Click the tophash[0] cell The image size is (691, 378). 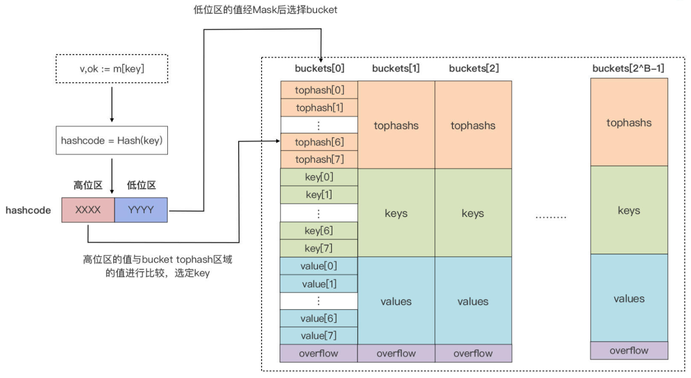point(319,90)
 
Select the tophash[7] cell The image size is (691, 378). point(319,159)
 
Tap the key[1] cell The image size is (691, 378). point(319,195)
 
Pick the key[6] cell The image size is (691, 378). point(319,230)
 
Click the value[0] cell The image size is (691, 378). point(319,266)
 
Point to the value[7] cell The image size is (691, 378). point(319,336)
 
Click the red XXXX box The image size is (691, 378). point(88,210)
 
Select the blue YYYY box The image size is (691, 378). point(141,210)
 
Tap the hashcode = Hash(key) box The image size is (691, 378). point(112,140)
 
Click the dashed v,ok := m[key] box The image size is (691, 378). point(112,69)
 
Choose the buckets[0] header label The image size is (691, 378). point(319,68)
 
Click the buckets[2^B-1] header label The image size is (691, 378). point(629,68)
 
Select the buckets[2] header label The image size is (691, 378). point(474,68)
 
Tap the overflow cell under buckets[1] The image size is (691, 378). point(396,353)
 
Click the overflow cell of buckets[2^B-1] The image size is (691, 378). point(629,351)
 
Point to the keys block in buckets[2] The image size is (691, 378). point(473,213)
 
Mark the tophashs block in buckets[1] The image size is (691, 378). point(396,126)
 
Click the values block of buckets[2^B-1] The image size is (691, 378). point(629,298)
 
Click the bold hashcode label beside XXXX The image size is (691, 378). point(28,210)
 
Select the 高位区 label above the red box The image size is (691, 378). point(88,185)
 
